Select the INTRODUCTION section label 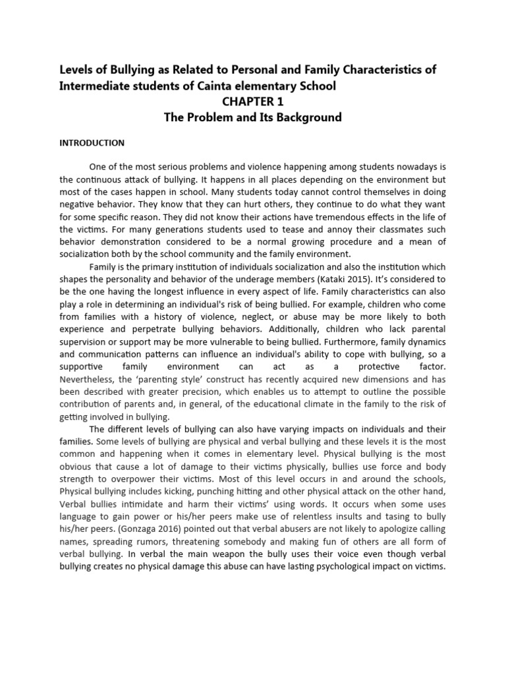[92, 142]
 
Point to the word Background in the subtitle [304, 119]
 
